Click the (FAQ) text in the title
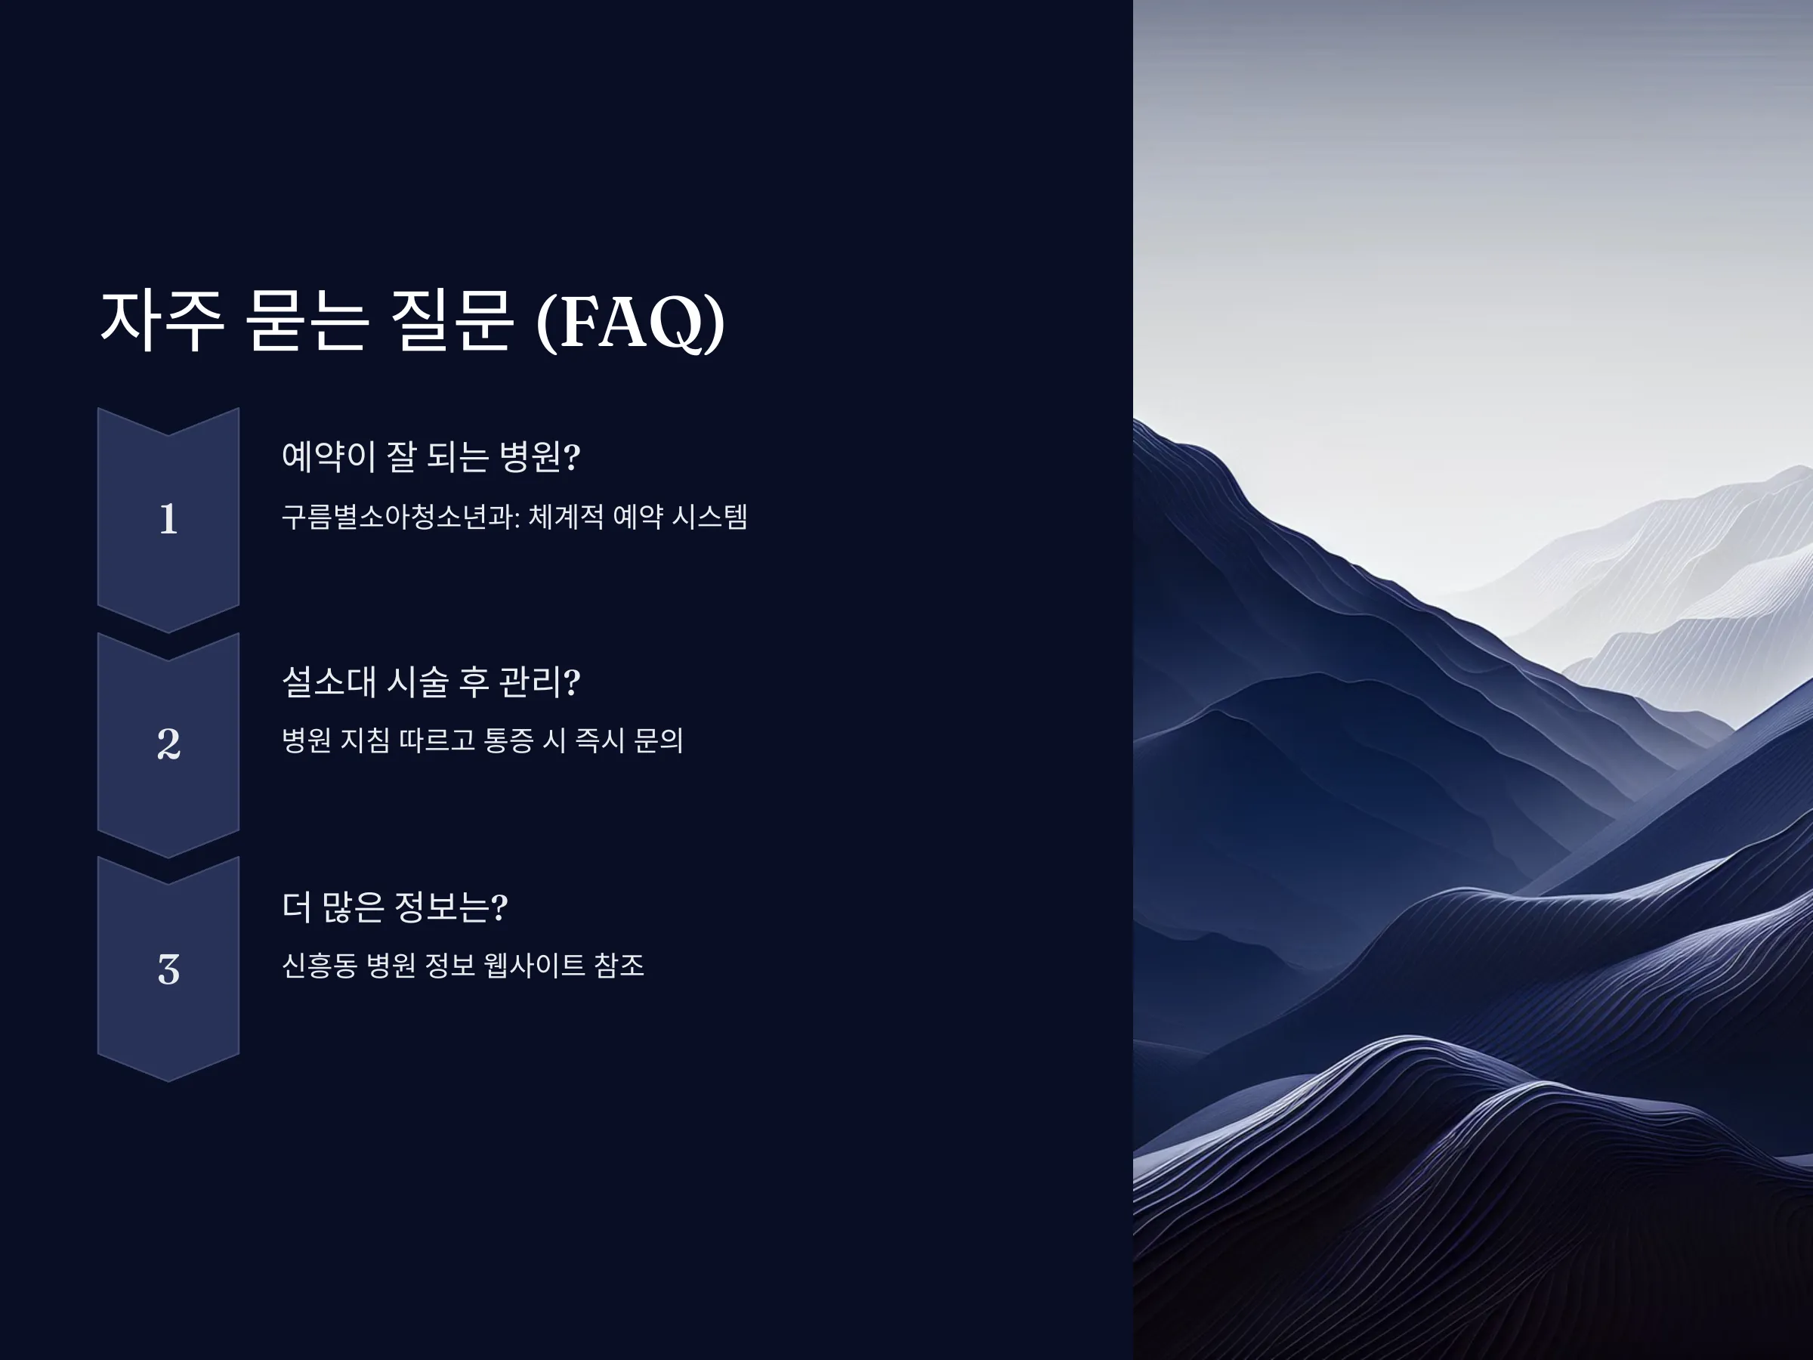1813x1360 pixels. pos(630,321)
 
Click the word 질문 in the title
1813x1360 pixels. pos(452,320)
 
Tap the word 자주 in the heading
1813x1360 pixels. pos(162,320)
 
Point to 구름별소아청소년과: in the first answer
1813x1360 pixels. pos(401,517)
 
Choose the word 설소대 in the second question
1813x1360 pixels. pos(329,682)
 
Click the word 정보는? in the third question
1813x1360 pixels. pos(451,907)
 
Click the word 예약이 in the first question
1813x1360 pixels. pos(329,456)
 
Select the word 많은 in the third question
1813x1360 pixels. pos(351,907)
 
